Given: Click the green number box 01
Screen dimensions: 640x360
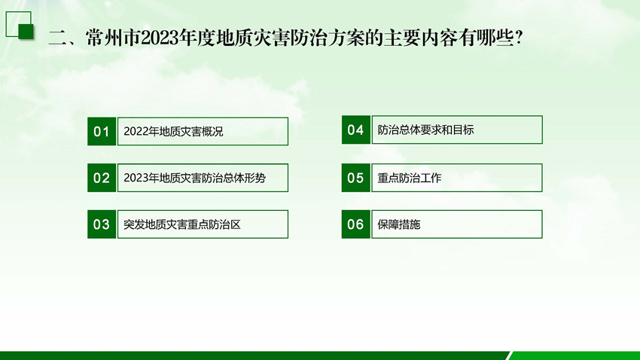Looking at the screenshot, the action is coord(102,132).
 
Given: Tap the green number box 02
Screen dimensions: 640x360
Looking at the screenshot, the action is coord(102,178).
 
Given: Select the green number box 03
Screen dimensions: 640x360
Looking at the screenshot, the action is coord(102,224).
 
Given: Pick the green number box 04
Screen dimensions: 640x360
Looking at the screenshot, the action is coord(356,130).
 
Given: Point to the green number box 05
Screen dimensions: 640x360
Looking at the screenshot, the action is coord(356,178).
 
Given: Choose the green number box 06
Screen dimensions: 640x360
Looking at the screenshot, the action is coord(356,224).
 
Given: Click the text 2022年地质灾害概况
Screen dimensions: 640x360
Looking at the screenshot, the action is coord(173,132).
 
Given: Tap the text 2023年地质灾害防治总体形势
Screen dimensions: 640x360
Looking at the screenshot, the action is coord(195,178).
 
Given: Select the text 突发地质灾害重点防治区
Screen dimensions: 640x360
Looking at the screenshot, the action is coord(182,224).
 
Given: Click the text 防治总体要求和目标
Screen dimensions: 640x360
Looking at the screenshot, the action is coord(425,130).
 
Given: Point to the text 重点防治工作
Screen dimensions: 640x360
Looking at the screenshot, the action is coord(410,178).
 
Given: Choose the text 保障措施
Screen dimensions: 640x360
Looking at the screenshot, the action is coord(399,224).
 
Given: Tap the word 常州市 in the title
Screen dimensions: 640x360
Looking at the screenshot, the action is coord(113,38).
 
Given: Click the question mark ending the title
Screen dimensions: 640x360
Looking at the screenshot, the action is coord(520,38).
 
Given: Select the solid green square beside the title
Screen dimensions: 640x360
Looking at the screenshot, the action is coord(26,32).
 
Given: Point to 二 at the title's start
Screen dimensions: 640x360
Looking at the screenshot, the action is coord(57,38).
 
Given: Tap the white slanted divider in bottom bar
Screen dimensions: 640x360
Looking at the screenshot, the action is coord(508,355).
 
